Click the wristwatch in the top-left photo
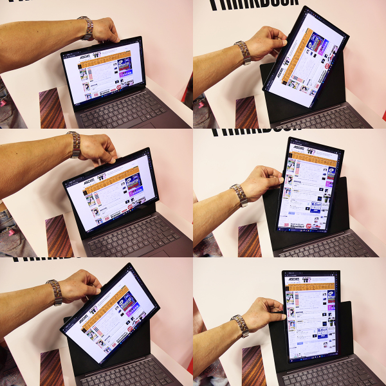point(86,28)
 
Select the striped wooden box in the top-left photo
point(52,108)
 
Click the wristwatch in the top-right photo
point(243,53)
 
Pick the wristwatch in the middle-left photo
point(75,144)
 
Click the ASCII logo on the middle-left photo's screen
point(89,181)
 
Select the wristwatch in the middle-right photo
point(239,194)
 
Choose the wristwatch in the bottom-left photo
point(55,292)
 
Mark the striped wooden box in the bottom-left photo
point(51,367)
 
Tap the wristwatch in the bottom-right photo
point(241,326)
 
